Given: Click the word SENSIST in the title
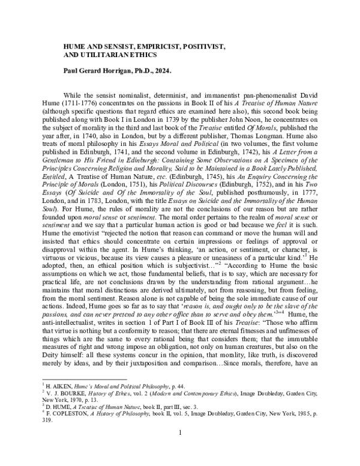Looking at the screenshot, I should click(x=123, y=45).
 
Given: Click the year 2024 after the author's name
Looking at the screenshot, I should click(x=163, y=70).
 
